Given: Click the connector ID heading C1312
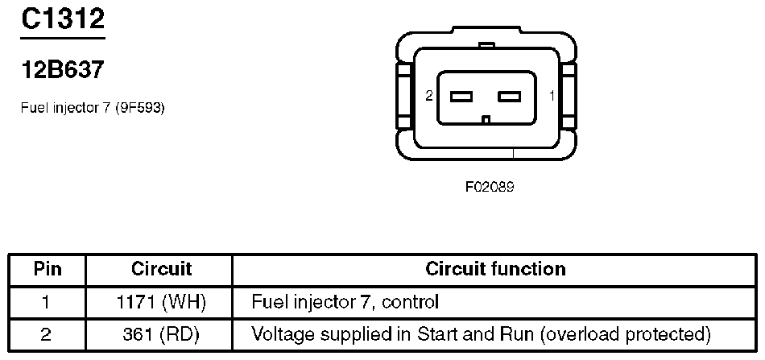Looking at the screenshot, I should coord(62,19).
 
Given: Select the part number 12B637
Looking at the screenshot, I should coord(62,70).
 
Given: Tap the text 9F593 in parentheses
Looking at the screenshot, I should coord(139,107).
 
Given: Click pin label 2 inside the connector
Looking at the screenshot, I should coord(429,96).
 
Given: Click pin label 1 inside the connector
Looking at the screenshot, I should coord(552,96).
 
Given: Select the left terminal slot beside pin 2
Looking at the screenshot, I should coord(461,97).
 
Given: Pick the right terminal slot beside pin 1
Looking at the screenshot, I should coord(511,97).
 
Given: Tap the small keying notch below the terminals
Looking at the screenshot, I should coord(485,120).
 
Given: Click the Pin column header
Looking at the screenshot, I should coord(47,268).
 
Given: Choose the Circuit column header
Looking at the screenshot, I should coord(161,268).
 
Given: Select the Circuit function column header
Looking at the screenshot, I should coord(494,268).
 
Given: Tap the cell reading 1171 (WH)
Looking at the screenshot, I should coord(161,303).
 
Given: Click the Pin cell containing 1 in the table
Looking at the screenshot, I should coord(47,303).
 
